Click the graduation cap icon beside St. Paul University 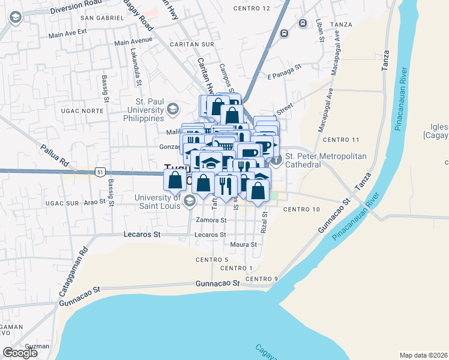coord(173,109)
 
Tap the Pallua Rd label coord(55,154)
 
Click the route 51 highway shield coord(99,172)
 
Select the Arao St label coord(95,203)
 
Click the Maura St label coord(243,245)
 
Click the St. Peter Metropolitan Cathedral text coord(325,160)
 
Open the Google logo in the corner coord(20,353)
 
